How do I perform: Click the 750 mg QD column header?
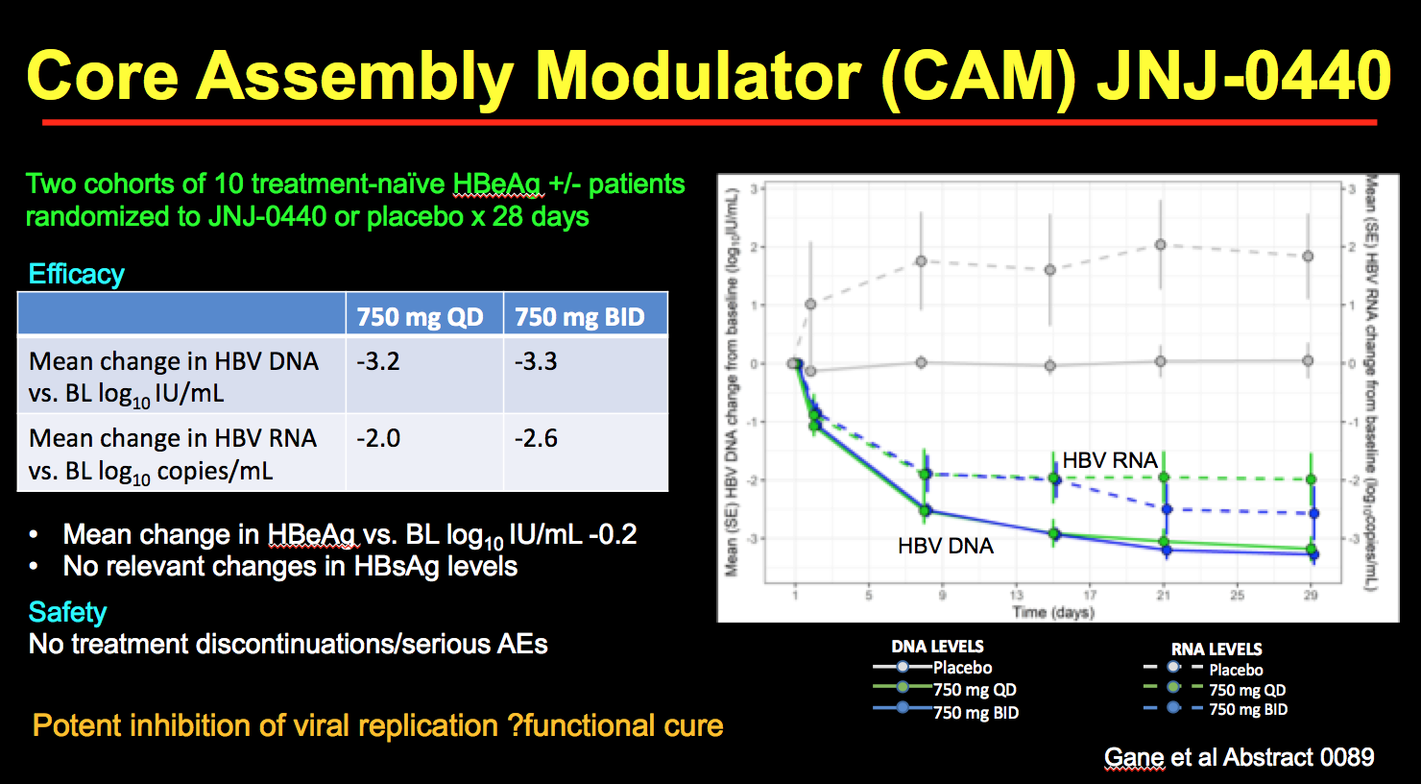coord(420,317)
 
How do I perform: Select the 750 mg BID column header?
coord(579,317)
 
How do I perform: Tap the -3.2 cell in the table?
coord(377,361)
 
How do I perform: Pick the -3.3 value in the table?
coord(536,361)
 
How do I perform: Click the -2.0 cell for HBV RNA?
coord(377,438)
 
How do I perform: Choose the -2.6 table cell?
coord(536,438)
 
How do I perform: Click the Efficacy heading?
coord(77,274)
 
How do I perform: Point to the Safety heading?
coord(67,612)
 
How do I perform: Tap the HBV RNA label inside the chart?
coord(1110,460)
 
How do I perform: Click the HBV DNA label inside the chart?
coord(945,546)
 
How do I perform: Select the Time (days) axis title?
coord(1052,612)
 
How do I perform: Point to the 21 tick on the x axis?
coord(1163,596)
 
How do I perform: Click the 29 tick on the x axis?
coord(1311,596)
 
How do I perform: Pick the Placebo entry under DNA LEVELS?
coord(962,668)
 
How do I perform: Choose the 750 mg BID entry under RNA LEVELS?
coord(1247,710)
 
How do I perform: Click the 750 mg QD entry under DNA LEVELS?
coord(974,690)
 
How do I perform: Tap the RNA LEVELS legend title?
coord(1216,649)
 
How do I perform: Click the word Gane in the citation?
coord(1134,757)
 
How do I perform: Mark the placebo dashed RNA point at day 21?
coord(1161,245)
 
